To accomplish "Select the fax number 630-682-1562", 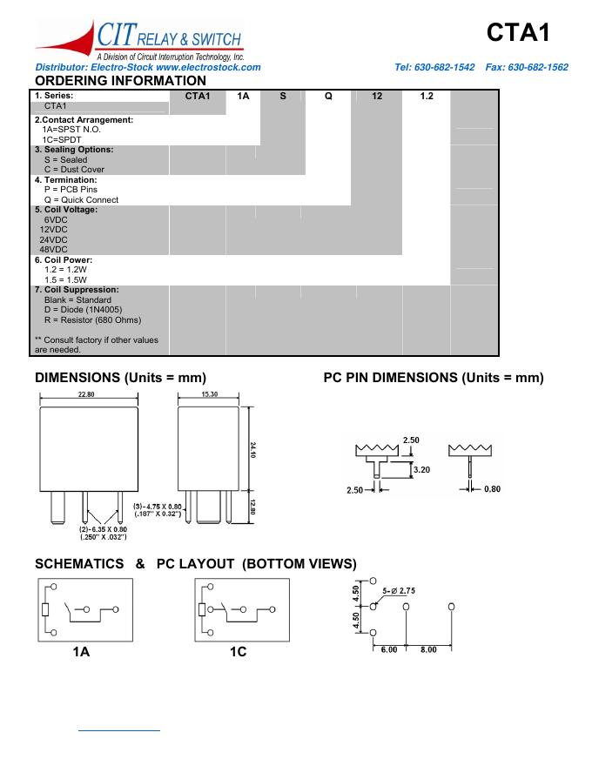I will tap(537, 67).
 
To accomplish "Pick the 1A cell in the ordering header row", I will tap(243, 96).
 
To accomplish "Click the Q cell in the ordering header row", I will tap(328, 96).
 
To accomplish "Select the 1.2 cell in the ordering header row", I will tap(426, 96).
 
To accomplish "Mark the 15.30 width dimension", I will tap(209, 394).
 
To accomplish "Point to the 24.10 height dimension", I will tap(252, 451).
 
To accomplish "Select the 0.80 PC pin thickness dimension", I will tap(492, 489).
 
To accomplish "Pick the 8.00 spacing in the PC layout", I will tap(429, 649).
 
